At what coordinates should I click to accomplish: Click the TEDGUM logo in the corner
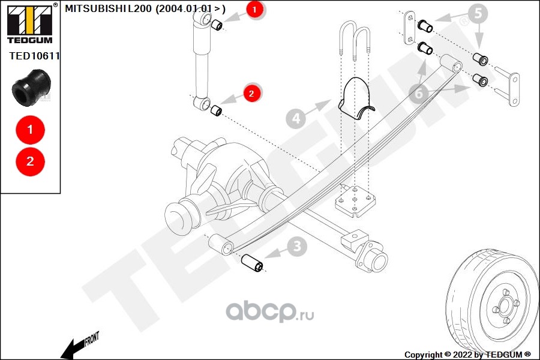[x=29, y=23]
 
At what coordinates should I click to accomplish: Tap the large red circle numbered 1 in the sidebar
[x=31, y=129]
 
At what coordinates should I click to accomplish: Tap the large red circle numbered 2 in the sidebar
[x=31, y=161]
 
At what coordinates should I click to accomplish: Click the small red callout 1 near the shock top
[x=254, y=10]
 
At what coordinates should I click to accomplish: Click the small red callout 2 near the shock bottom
[x=251, y=93]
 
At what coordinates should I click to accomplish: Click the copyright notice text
[x=467, y=355]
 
